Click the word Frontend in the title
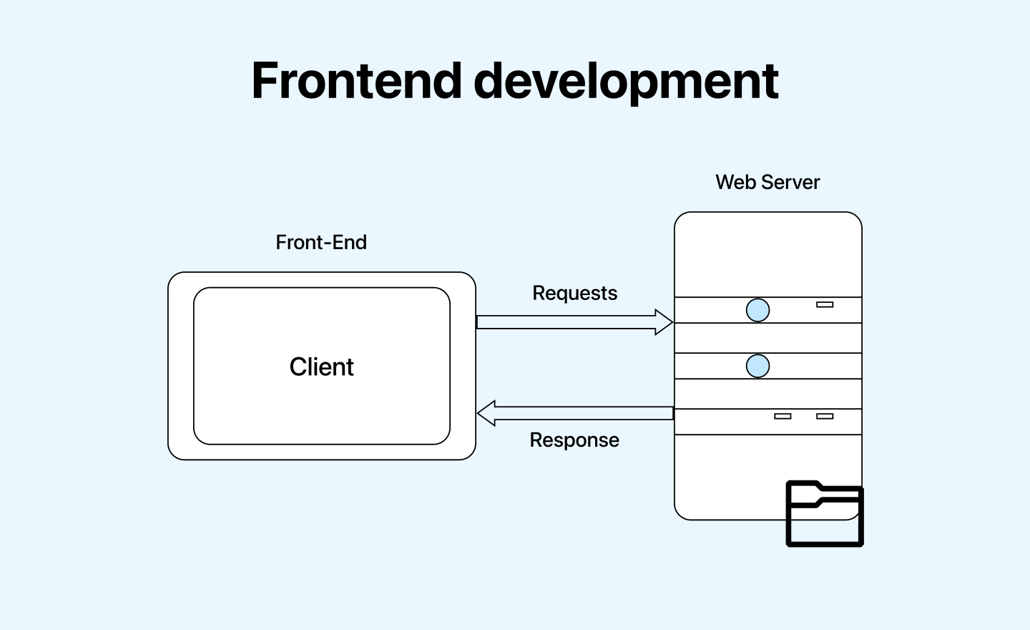[x=356, y=80]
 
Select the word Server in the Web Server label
[x=790, y=183]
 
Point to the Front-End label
[x=321, y=243]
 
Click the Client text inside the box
[x=321, y=367]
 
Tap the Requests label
[x=574, y=294]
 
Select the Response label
[x=574, y=440]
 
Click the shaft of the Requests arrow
[x=565, y=322]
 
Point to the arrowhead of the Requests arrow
[x=664, y=322]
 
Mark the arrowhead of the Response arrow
[x=486, y=413]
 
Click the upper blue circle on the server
[x=757, y=310]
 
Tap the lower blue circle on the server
[x=757, y=366]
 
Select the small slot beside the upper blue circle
[x=825, y=304]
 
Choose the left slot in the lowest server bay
[x=783, y=416]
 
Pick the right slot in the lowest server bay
[x=825, y=416]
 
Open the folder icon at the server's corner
[x=825, y=519]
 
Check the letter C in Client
[x=298, y=367]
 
